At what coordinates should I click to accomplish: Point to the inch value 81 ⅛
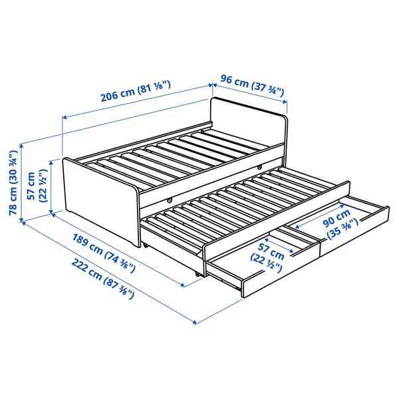click(155, 88)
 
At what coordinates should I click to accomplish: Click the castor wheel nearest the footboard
click(144, 245)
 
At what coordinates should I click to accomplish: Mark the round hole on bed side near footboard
click(170, 199)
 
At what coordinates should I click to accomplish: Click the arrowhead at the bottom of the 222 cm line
click(195, 323)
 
